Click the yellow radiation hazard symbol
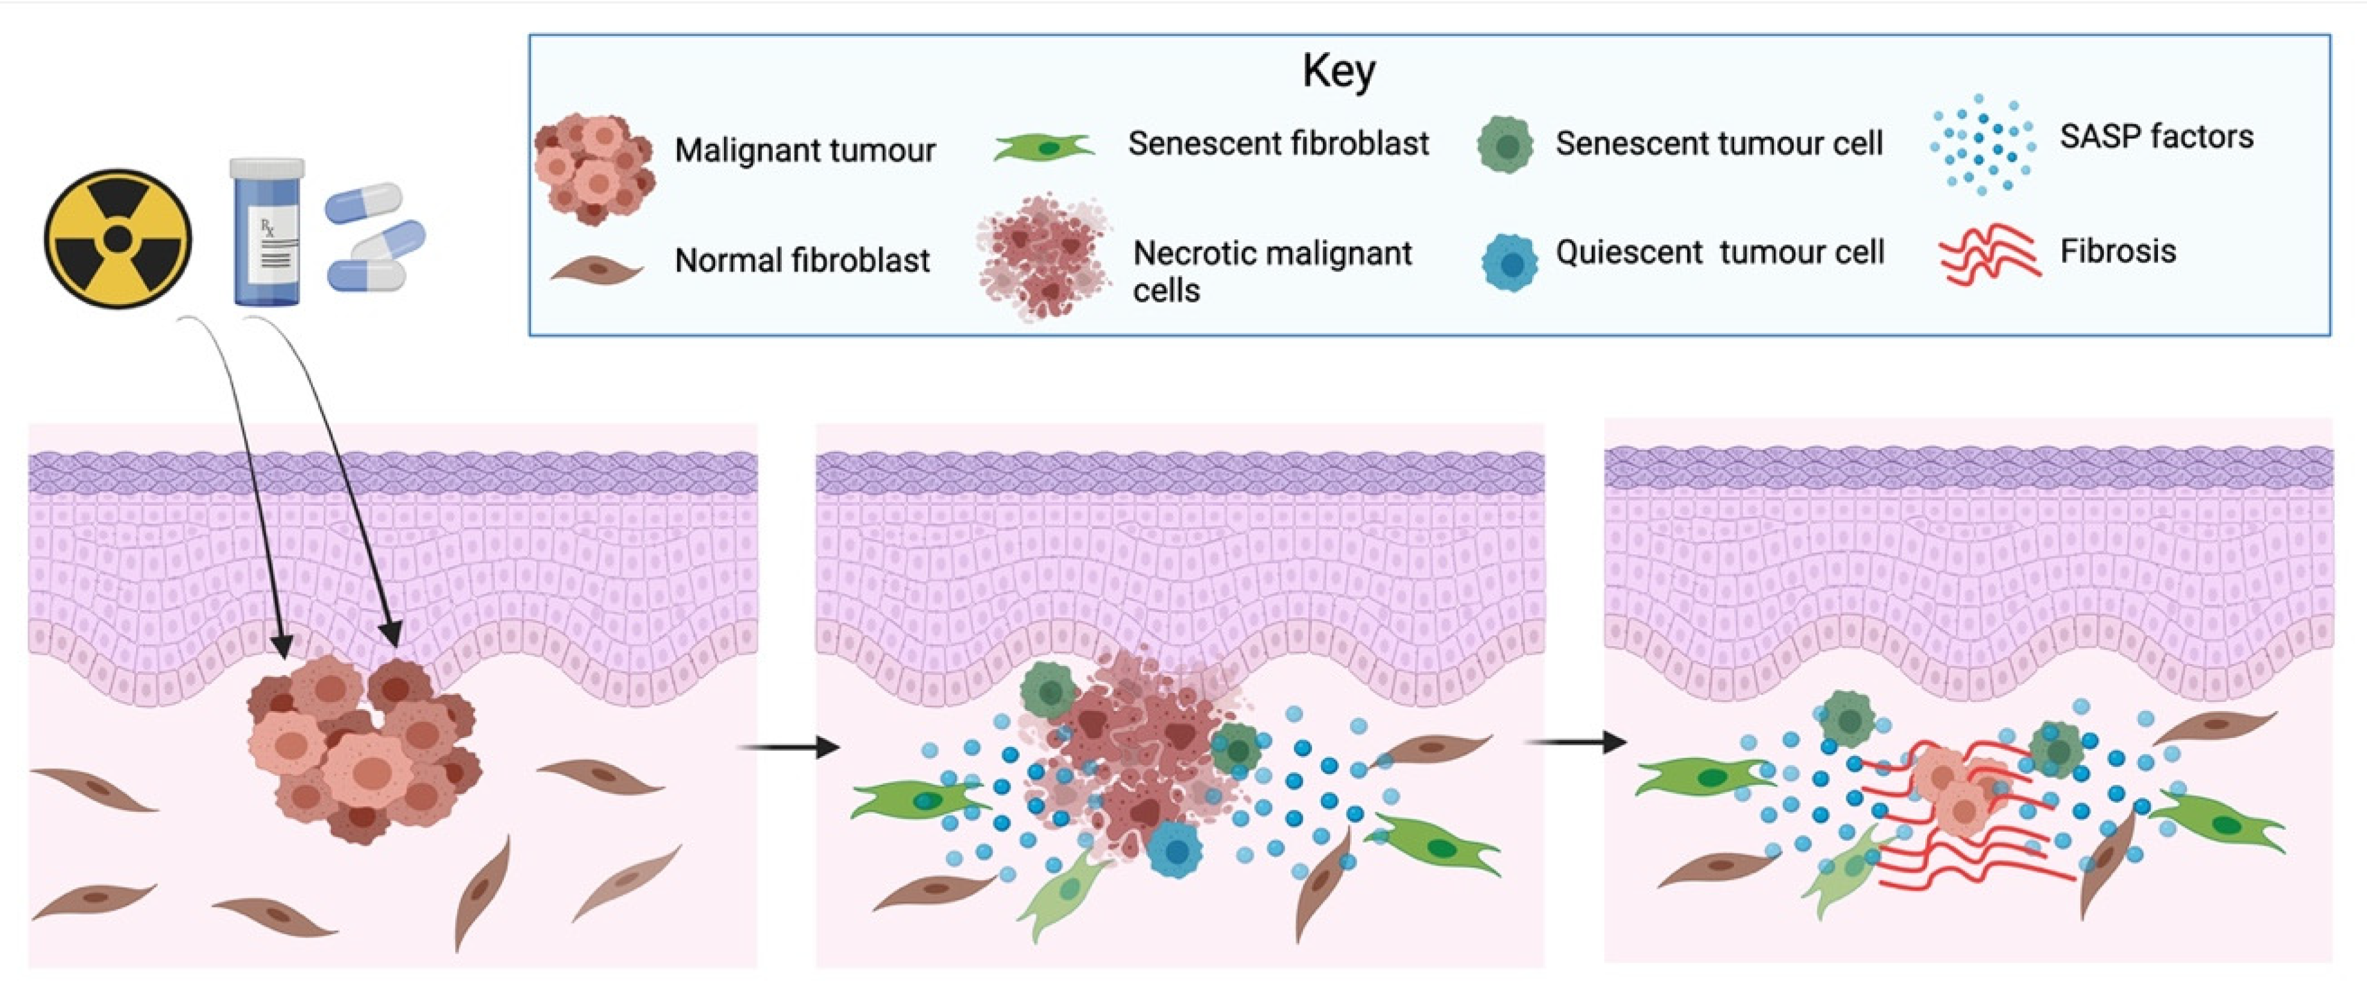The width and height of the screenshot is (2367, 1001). pos(117,238)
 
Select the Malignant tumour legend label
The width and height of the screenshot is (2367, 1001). pos(804,150)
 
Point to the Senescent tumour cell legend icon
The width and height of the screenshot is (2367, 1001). pos(1505,145)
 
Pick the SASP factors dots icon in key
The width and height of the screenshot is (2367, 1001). pos(1982,143)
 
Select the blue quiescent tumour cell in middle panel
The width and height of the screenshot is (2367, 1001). pos(1174,850)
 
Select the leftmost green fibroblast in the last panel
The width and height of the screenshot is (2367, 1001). pos(1700,776)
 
